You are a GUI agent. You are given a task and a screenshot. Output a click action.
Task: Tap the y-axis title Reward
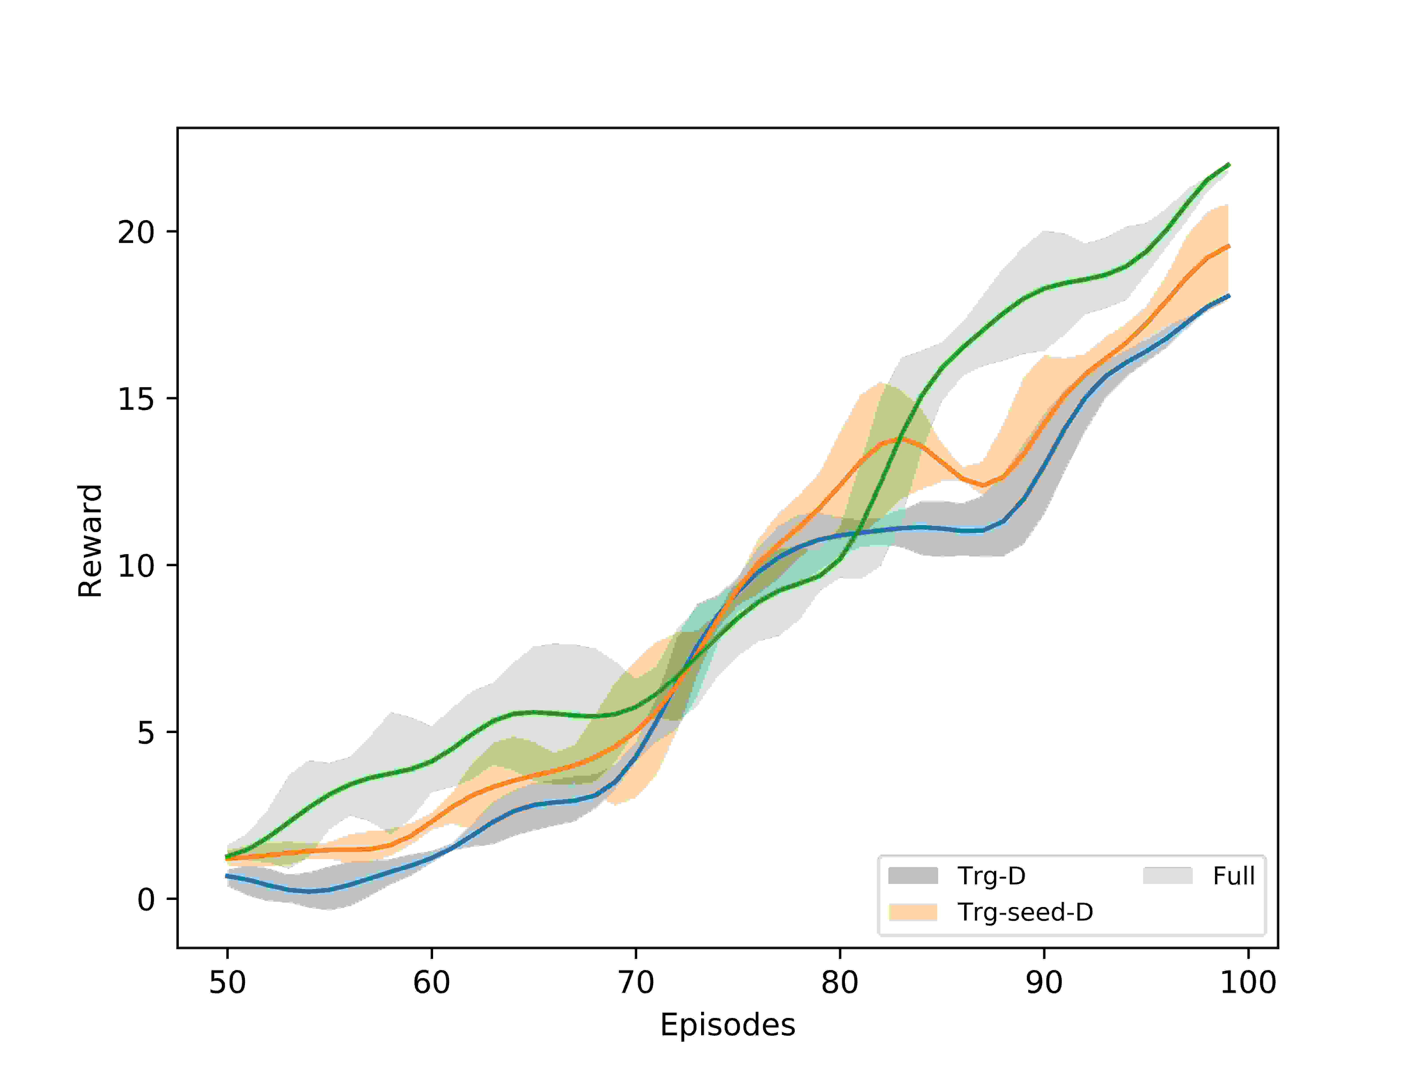coord(90,541)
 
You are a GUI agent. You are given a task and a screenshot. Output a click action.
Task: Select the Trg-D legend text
coord(992,876)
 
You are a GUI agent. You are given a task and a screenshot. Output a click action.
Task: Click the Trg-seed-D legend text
coord(1025,911)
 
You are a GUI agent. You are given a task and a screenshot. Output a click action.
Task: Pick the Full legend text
coord(1233,876)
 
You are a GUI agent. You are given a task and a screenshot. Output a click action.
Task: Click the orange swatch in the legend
coord(913,911)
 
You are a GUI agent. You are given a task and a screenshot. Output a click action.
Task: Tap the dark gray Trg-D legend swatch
coord(913,876)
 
